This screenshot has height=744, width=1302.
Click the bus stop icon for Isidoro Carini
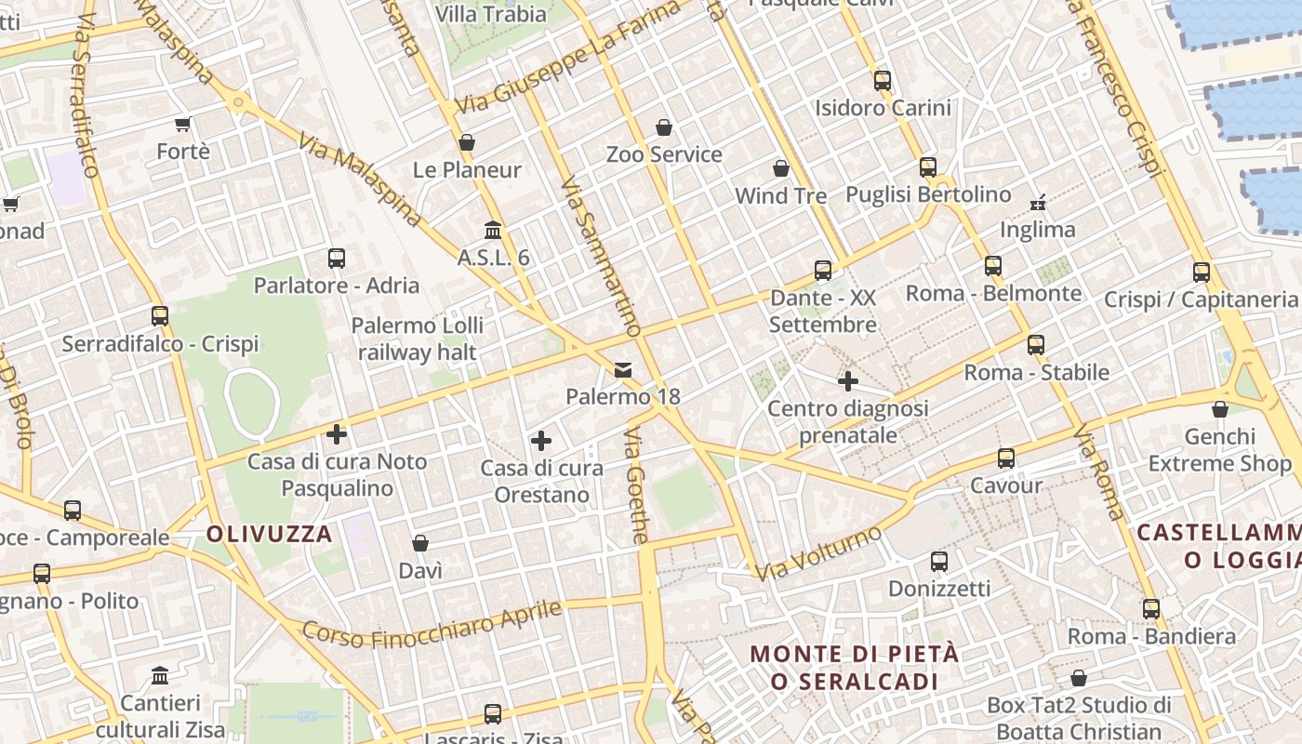click(883, 81)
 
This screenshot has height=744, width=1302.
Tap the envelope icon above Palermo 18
click(623, 370)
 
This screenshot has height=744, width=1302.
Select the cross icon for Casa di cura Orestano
click(541, 441)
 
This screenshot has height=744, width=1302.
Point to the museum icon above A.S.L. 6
click(493, 230)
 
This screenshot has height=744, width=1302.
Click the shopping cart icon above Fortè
click(183, 124)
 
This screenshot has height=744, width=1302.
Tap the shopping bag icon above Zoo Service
click(664, 127)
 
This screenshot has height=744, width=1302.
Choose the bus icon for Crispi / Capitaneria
click(1202, 272)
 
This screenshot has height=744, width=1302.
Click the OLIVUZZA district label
click(270, 534)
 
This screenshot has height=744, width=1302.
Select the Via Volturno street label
click(818, 554)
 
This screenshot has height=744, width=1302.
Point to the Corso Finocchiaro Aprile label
click(432, 625)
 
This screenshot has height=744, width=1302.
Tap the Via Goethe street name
click(636, 485)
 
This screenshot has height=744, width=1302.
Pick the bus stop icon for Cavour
click(1006, 458)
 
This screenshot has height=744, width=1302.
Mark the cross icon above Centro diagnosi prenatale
click(848, 381)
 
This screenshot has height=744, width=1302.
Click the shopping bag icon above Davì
click(420, 543)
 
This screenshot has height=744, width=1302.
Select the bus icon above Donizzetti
click(939, 562)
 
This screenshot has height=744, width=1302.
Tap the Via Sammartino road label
click(601, 256)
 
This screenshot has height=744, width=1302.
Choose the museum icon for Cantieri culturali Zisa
click(160, 675)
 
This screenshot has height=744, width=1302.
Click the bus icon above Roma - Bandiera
click(1151, 609)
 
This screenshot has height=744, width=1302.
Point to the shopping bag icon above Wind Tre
click(781, 168)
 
